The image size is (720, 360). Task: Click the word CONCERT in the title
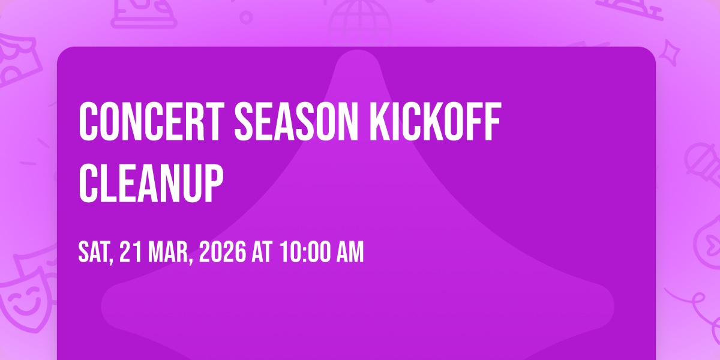[x=152, y=121]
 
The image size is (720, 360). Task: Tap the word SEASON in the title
[x=296, y=121]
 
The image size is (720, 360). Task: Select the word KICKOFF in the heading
[x=435, y=121]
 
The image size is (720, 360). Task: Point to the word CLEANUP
[x=151, y=183]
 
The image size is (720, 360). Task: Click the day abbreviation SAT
[x=96, y=253]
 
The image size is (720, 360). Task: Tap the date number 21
[x=131, y=252]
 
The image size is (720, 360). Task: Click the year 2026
[x=223, y=252]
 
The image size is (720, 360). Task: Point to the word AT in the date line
[x=262, y=252]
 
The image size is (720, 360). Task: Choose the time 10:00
[x=305, y=252]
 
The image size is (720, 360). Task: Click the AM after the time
[x=350, y=252]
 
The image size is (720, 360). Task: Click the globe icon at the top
[x=360, y=23]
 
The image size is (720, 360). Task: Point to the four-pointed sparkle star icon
[x=670, y=53]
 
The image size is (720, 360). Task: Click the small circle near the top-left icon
[x=246, y=17]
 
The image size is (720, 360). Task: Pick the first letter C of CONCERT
[x=88, y=121]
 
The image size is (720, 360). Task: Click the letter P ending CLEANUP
[x=214, y=183]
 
